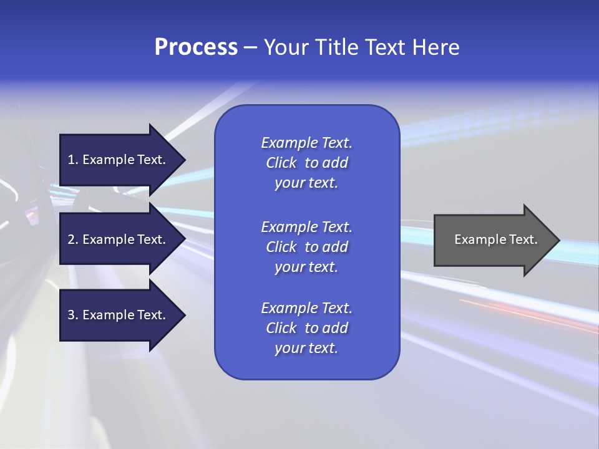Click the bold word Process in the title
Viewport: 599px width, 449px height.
[x=196, y=47]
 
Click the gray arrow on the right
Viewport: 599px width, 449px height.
[x=493, y=239]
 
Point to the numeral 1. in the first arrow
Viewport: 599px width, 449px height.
[x=73, y=160]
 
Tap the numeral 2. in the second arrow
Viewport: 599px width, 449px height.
[x=73, y=239]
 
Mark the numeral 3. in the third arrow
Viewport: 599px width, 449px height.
[x=73, y=315]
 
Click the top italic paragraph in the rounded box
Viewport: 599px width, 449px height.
[x=307, y=163]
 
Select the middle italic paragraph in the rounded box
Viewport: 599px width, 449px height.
[x=307, y=247]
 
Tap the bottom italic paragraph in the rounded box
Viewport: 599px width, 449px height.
[x=307, y=328]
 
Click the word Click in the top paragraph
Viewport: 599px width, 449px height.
[x=281, y=163]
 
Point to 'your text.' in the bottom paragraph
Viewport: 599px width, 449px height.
[x=306, y=348]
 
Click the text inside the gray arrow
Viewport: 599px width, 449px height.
[x=495, y=239]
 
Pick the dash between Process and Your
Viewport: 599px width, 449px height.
[x=250, y=48]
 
